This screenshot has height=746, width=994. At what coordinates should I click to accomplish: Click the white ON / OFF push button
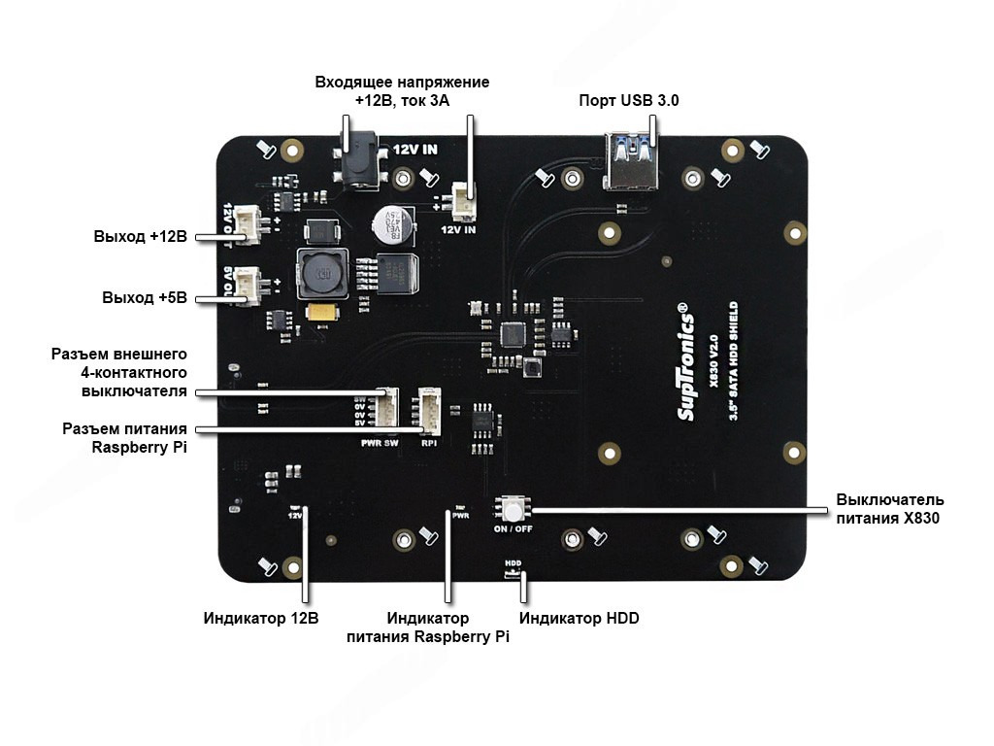511,508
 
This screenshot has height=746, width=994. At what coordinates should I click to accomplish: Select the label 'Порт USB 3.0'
628,101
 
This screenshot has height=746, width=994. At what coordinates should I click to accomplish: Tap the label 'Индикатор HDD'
580,618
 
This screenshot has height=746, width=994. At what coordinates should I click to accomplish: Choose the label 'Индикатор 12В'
261,618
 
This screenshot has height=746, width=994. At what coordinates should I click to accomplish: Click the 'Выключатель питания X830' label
889,509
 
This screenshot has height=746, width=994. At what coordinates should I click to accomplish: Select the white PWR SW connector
386,409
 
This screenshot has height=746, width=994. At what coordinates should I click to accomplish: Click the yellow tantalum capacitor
322,313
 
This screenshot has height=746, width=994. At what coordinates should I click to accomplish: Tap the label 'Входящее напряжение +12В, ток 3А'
402,91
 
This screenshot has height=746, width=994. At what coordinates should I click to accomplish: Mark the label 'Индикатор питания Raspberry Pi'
427,627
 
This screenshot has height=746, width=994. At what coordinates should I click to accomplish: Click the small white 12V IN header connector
463,202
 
